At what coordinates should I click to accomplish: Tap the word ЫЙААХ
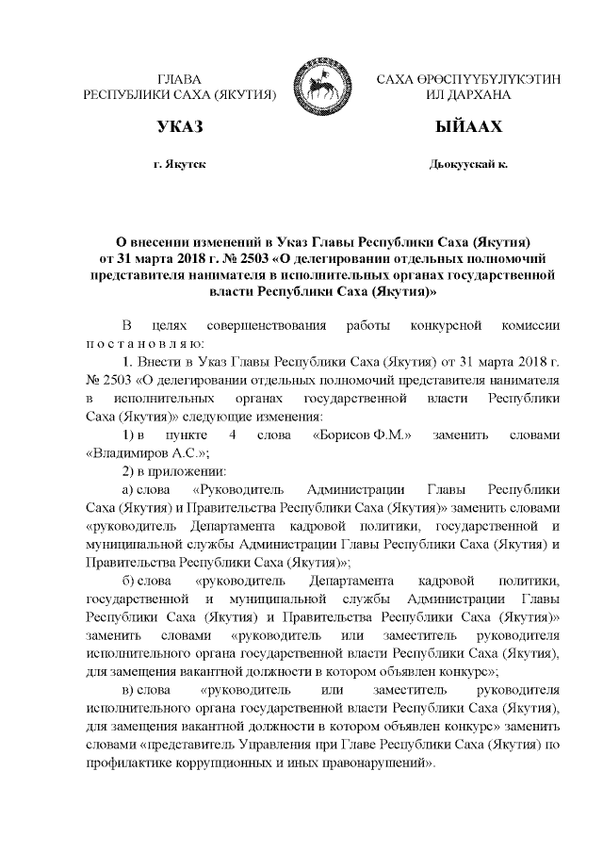(x=467, y=127)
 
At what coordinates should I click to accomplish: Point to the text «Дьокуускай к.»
(x=467, y=164)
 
